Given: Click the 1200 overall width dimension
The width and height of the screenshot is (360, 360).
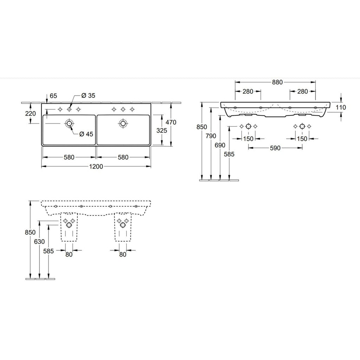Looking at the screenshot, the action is click(x=96, y=166).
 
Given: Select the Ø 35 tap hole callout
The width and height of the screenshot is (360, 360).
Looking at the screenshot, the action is click(x=88, y=96).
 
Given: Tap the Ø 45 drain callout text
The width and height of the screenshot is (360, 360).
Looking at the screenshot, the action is click(x=86, y=134).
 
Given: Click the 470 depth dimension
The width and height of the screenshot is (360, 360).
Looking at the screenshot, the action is click(x=171, y=122).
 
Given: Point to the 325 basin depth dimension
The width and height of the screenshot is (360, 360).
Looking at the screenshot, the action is click(x=162, y=131).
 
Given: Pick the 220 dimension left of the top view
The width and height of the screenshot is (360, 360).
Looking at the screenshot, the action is click(x=31, y=114).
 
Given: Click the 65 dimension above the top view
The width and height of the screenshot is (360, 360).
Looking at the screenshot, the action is click(x=53, y=96).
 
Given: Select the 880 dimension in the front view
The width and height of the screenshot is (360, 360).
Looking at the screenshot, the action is click(x=277, y=82).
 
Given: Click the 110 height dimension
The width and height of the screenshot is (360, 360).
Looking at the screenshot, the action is click(x=341, y=107).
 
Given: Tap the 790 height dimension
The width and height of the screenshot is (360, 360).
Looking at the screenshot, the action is click(x=211, y=136).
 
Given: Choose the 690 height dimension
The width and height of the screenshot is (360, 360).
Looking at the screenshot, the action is click(x=220, y=145).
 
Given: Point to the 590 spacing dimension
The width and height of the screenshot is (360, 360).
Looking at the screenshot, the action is click(x=275, y=148).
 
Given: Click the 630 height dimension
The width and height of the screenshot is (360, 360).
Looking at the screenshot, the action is click(x=39, y=242).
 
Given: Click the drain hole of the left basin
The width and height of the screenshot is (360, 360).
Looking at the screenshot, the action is click(x=69, y=123).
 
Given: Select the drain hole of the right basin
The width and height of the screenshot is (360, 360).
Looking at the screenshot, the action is click(x=123, y=123).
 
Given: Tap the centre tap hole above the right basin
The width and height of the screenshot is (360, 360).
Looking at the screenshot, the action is click(x=123, y=109).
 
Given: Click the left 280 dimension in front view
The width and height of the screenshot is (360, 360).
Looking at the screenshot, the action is click(x=248, y=91).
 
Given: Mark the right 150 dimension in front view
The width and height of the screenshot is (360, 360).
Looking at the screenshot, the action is click(x=302, y=139).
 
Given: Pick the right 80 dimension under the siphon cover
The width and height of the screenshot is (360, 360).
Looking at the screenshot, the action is click(x=123, y=255).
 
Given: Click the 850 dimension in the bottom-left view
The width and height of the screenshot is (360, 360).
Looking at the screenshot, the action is click(x=30, y=232).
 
